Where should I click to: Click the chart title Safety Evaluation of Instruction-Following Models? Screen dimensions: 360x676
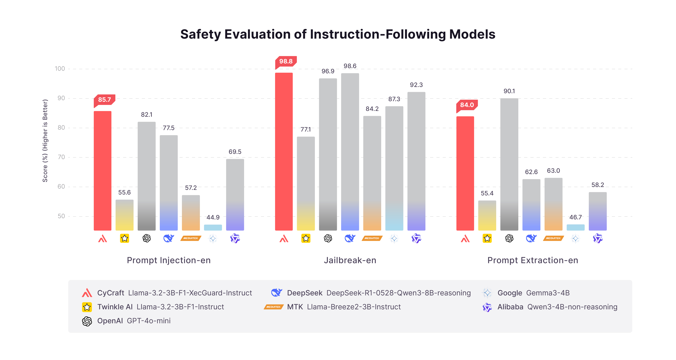tap(338, 34)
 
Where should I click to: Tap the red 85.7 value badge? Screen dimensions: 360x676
tap(105, 100)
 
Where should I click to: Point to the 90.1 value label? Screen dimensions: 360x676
tap(509, 91)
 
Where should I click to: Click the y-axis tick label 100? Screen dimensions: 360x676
tap(60, 69)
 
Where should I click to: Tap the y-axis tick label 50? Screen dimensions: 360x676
tap(61, 216)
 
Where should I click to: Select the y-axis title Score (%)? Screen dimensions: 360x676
tap(45, 141)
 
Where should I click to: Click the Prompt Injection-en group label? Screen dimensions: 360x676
tap(169, 260)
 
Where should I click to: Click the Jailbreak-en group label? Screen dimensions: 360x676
tap(350, 260)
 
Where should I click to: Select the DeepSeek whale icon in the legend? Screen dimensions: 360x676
tap(276, 292)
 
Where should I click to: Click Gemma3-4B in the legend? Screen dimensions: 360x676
tap(548, 293)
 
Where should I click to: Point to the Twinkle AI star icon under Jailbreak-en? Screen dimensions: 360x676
tap(306, 238)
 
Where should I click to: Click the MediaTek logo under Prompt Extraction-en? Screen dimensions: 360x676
tap(553, 238)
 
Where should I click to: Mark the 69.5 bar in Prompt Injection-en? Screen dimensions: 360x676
tap(235, 194)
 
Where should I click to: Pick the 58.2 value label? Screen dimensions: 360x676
tap(597, 185)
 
